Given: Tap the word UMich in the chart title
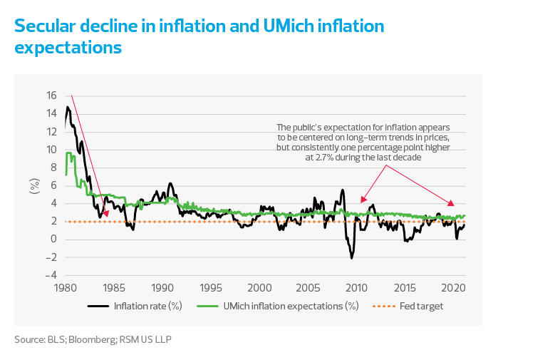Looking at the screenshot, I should [291, 27].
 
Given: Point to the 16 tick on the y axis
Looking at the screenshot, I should [51, 96].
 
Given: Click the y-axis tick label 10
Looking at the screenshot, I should [51, 150].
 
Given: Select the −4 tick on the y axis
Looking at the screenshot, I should [49, 275].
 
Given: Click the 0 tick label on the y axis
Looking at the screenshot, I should [53, 240].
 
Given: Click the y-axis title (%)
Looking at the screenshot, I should [33, 185].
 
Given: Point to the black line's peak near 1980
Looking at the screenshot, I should [68, 107].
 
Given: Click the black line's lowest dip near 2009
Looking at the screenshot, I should [351, 257].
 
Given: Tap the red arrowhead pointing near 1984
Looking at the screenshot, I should [106, 213].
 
